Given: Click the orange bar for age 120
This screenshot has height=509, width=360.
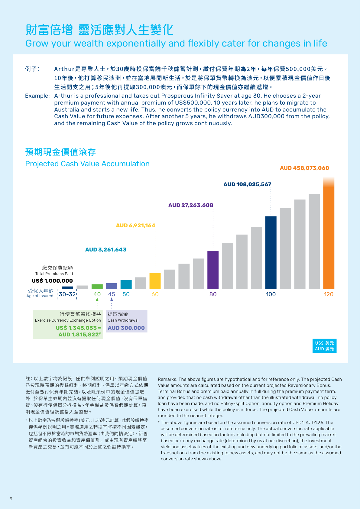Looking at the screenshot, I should (x=329, y=236).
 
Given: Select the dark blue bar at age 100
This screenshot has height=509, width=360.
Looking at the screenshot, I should (x=271, y=252).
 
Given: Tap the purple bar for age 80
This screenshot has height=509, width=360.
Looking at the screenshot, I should (x=213, y=270).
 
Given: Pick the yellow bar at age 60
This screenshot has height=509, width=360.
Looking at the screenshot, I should (x=155, y=281).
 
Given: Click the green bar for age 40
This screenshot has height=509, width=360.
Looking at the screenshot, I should (x=97, y=287).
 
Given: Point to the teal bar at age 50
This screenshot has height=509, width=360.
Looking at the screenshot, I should (x=126, y=284).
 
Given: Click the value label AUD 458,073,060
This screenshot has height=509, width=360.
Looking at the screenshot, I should (x=304, y=168).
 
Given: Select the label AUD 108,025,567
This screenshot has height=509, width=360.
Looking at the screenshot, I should (x=247, y=184).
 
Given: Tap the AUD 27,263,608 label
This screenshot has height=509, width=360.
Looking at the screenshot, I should (x=191, y=205).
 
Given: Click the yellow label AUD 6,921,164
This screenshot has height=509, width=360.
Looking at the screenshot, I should (x=135, y=225).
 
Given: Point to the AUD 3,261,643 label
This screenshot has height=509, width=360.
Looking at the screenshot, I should (x=106, y=250).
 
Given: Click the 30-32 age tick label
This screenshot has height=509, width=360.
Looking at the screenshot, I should (x=67, y=294).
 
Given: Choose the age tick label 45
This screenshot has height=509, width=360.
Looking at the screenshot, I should (x=112, y=294).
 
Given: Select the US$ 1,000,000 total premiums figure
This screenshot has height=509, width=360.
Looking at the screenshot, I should (x=52, y=281).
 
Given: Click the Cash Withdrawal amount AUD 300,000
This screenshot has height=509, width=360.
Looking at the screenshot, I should (x=126, y=328).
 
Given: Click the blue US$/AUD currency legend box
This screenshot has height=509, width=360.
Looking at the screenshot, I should (x=324, y=346).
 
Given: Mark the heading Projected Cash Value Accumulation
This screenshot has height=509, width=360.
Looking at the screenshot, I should (x=87, y=164).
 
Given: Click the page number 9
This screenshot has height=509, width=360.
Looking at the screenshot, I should (x=11, y=499).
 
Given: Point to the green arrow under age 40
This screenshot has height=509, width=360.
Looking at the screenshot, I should (x=97, y=299).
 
